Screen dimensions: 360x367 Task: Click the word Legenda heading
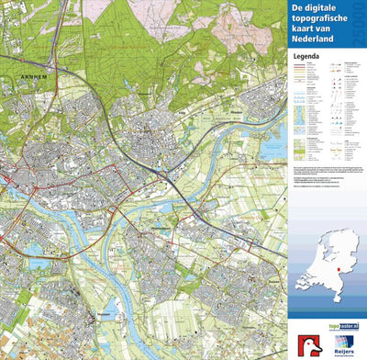click(x=306, y=56)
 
